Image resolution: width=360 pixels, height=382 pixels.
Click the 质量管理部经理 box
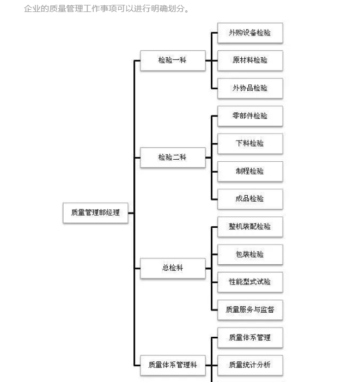point(95,213)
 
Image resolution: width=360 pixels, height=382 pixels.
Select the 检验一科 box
point(173,60)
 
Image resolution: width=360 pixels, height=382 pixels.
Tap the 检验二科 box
point(173,157)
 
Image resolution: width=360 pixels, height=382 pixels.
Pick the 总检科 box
point(173,268)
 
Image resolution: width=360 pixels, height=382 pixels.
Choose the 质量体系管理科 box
point(173,365)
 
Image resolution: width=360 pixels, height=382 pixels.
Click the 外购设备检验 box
point(250,33)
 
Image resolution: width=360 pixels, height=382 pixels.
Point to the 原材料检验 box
point(250,60)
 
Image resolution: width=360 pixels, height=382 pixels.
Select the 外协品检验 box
point(250,88)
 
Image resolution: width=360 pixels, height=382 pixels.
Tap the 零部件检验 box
point(250,116)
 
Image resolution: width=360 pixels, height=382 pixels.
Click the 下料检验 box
point(250,144)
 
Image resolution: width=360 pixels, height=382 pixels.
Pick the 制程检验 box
point(250,172)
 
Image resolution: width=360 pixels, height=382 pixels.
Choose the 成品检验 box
point(250,199)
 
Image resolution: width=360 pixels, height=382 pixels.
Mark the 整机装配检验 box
point(250,227)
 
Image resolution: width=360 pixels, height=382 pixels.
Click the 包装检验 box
point(250,254)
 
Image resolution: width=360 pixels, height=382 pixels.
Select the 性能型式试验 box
point(250,282)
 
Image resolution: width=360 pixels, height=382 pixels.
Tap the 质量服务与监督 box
point(250,310)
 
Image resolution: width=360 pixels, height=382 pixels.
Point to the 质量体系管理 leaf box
point(250,338)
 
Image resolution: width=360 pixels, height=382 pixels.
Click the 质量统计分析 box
point(250,365)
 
